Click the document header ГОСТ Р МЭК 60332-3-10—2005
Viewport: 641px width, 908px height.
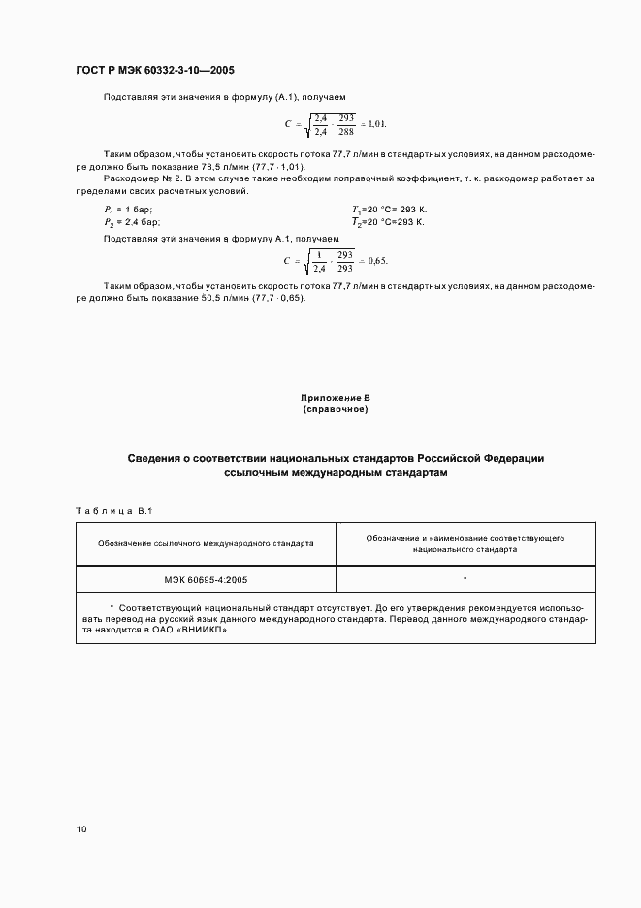(x=155, y=71)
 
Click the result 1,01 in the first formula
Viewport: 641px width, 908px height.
(x=375, y=124)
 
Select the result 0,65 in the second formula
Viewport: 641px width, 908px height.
(x=376, y=261)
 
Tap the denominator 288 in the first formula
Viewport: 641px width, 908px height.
(x=347, y=131)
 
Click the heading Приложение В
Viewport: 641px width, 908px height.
(x=336, y=399)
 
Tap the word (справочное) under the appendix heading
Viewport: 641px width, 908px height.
(x=336, y=410)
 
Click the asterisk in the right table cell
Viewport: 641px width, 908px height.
(x=465, y=579)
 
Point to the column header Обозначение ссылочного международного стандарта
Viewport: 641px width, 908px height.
(x=206, y=543)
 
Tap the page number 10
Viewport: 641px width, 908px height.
(x=81, y=829)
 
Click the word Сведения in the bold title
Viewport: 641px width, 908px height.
(x=159, y=457)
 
